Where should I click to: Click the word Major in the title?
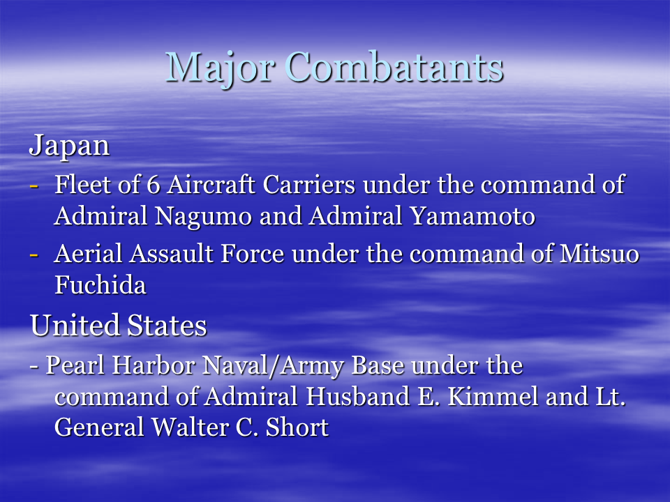tap(220, 68)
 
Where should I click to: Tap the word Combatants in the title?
tap(394, 67)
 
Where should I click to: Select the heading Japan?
tap(69, 146)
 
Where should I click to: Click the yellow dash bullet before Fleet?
tap(34, 186)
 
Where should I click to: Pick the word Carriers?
tap(308, 184)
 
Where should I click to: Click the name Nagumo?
tap(203, 217)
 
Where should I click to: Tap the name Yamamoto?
tap(472, 215)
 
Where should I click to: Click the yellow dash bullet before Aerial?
tap(34, 255)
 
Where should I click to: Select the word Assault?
tap(172, 254)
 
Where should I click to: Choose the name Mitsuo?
tap(600, 254)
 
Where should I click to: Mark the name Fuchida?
tap(100, 284)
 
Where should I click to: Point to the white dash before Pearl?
tap(34, 367)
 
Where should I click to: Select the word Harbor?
tap(154, 365)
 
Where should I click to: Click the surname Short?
tap(297, 427)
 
